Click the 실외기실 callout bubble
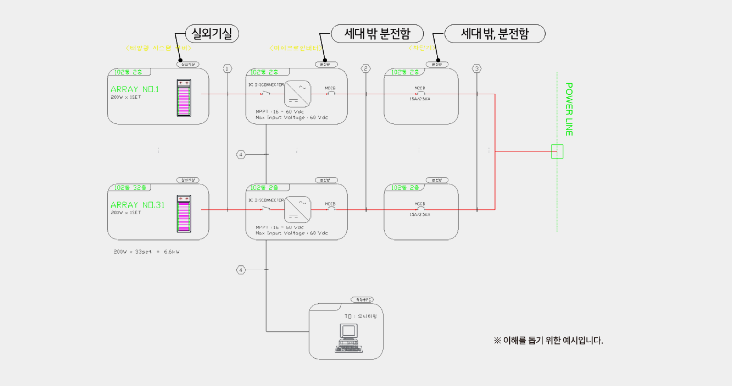(x=212, y=34)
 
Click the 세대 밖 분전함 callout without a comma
(x=377, y=34)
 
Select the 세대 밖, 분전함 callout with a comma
(x=495, y=34)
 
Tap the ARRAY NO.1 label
(x=135, y=89)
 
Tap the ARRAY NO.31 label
(x=137, y=205)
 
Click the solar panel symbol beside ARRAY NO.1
(x=184, y=98)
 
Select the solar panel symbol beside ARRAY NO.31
(x=184, y=214)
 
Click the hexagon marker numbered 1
(x=227, y=69)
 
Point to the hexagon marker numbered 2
(x=366, y=69)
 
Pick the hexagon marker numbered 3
(x=477, y=69)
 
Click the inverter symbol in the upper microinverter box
(x=297, y=94)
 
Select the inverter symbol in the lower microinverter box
(x=297, y=209)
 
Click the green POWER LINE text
(x=569, y=109)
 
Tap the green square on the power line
(x=557, y=151)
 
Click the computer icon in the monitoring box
(x=349, y=338)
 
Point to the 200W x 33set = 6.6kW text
(x=146, y=252)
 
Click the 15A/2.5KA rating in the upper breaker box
(x=420, y=99)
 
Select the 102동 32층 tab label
(x=130, y=188)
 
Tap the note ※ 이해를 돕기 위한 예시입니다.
(x=548, y=340)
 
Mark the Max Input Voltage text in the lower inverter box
(x=292, y=233)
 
